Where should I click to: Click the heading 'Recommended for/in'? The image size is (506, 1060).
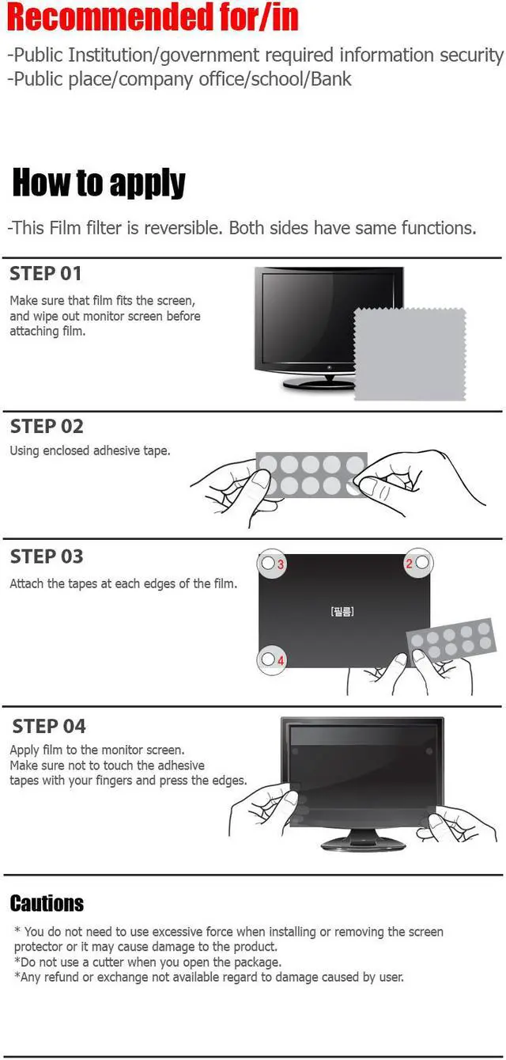[153, 17]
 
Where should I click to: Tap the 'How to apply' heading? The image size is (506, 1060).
[99, 183]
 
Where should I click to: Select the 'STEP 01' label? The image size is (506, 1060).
[46, 274]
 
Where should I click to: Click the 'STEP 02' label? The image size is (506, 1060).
[47, 426]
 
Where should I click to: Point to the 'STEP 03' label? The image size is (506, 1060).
[47, 557]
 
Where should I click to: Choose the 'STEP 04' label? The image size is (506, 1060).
[49, 726]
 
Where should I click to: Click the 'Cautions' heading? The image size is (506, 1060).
[47, 903]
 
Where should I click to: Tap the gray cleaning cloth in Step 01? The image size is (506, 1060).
[409, 354]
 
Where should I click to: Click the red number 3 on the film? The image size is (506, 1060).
[281, 564]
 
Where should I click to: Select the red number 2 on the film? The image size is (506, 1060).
[409, 564]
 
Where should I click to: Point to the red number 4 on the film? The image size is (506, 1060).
[281, 659]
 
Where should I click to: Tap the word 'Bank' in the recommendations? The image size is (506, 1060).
[331, 79]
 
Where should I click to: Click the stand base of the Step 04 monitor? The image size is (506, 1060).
[363, 843]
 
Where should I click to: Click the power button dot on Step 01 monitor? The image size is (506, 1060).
[329, 367]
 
